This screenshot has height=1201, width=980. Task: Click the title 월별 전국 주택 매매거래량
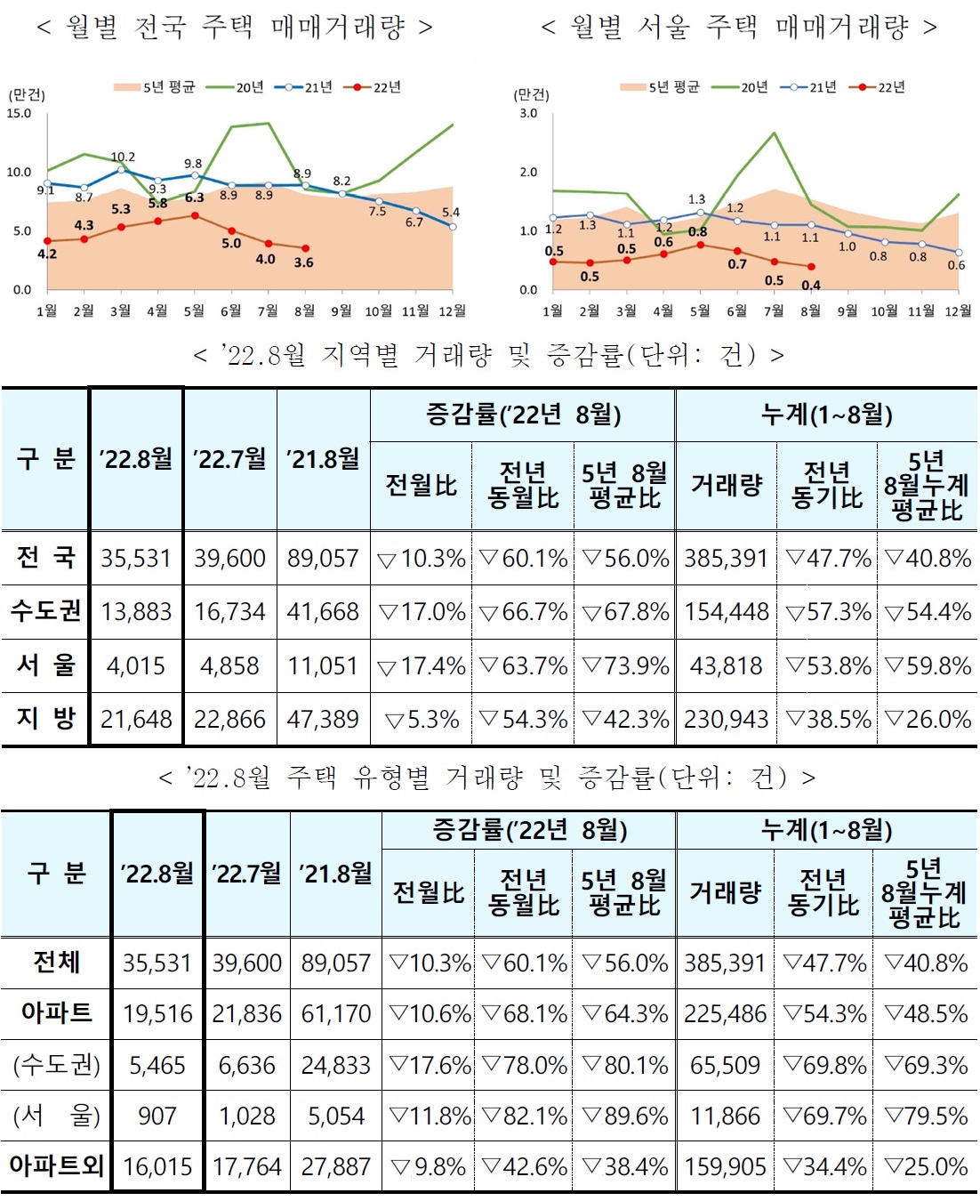[235, 27]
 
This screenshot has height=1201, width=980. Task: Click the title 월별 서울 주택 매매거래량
[739, 27]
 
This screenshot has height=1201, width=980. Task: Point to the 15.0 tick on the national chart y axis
[19, 114]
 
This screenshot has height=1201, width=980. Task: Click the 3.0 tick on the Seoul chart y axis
[528, 114]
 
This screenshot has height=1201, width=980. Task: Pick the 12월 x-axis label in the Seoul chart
[958, 310]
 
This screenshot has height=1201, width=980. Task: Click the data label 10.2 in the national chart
[123, 157]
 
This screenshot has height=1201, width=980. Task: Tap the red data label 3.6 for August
[304, 262]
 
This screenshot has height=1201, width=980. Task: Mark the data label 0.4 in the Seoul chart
[810, 286]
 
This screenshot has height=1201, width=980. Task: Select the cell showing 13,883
[136, 612]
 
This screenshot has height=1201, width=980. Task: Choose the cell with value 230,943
[726, 719]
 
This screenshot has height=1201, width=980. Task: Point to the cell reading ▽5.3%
[422, 719]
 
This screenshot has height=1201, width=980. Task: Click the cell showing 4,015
[136, 665]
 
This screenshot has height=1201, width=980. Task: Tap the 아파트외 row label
[56, 1166]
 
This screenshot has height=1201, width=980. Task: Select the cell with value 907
[157, 1116]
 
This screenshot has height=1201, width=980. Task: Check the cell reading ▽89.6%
[624, 1116]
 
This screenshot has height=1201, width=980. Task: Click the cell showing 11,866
[725, 1116]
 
